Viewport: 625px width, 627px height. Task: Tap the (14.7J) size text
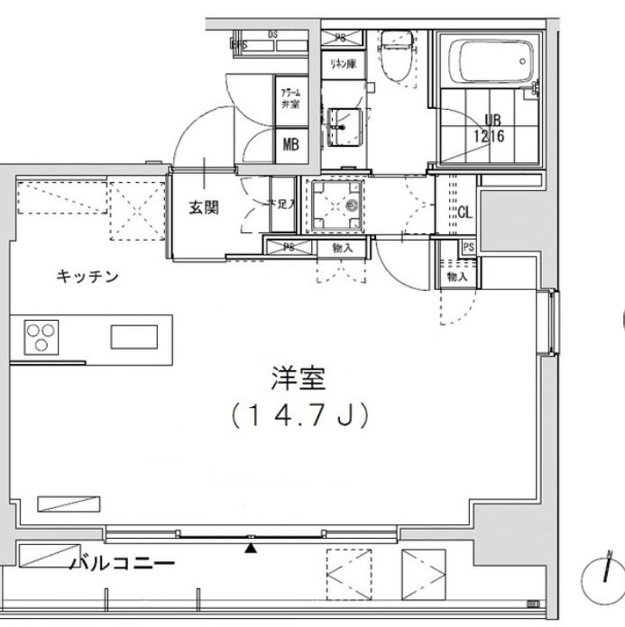coord(297,416)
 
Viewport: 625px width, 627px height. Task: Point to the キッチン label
coord(87,277)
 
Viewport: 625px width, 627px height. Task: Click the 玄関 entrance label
coord(204,207)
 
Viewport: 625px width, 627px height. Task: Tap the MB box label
coord(292,144)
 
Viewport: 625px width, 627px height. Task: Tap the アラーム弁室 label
coord(290,97)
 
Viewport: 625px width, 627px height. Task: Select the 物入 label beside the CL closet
coord(456,277)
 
